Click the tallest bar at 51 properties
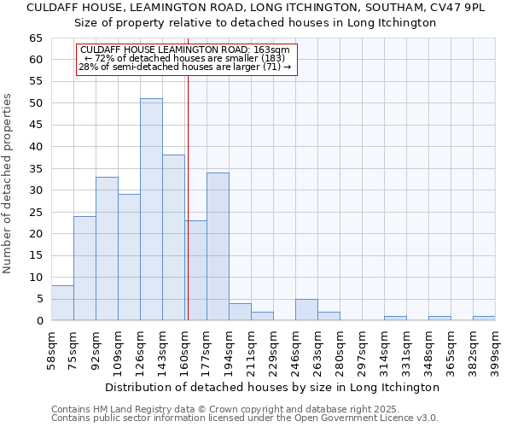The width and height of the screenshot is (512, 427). point(151,209)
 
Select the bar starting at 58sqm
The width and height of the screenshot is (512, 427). point(62,303)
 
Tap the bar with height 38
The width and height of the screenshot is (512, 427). point(173,237)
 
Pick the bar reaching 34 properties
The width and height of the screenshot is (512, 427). point(218,247)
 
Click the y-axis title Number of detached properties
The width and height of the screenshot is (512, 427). point(8,184)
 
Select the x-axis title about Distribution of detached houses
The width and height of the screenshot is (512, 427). point(273,387)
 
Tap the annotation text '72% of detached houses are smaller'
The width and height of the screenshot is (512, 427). point(187,58)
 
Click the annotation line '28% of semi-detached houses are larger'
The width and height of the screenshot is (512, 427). point(186,67)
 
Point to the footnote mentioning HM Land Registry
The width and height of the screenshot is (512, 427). point(244,409)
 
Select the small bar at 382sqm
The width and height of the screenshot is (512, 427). point(484,319)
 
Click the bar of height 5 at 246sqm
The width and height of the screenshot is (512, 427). point(306,310)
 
